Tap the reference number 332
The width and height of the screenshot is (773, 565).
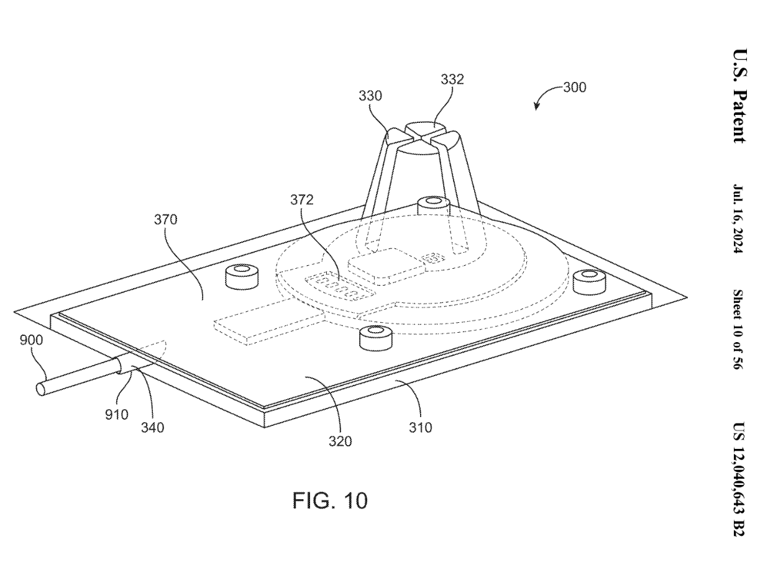452,79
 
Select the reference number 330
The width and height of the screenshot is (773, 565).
370,96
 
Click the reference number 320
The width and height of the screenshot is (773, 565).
341,441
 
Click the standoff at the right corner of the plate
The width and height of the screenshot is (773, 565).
588,282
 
